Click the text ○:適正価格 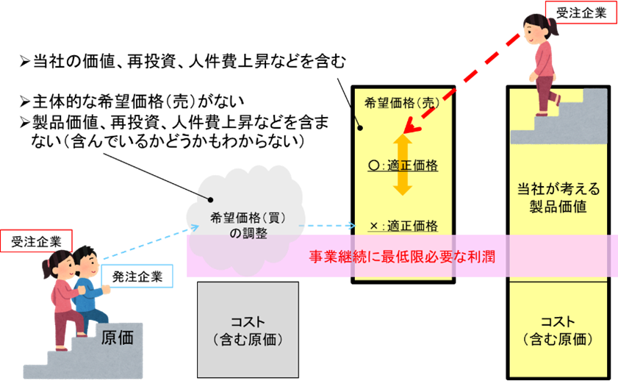(x=403, y=166)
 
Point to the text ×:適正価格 (x=403, y=225)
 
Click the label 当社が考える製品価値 (x=558, y=197)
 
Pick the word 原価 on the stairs (x=116, y=338)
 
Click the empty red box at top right (x=581, y=13)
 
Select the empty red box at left (x=37, y=241)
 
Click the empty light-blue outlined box (x=137, y=275)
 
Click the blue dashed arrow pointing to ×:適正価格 (x=330, y=226)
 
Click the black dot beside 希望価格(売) (x=360, y=128)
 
